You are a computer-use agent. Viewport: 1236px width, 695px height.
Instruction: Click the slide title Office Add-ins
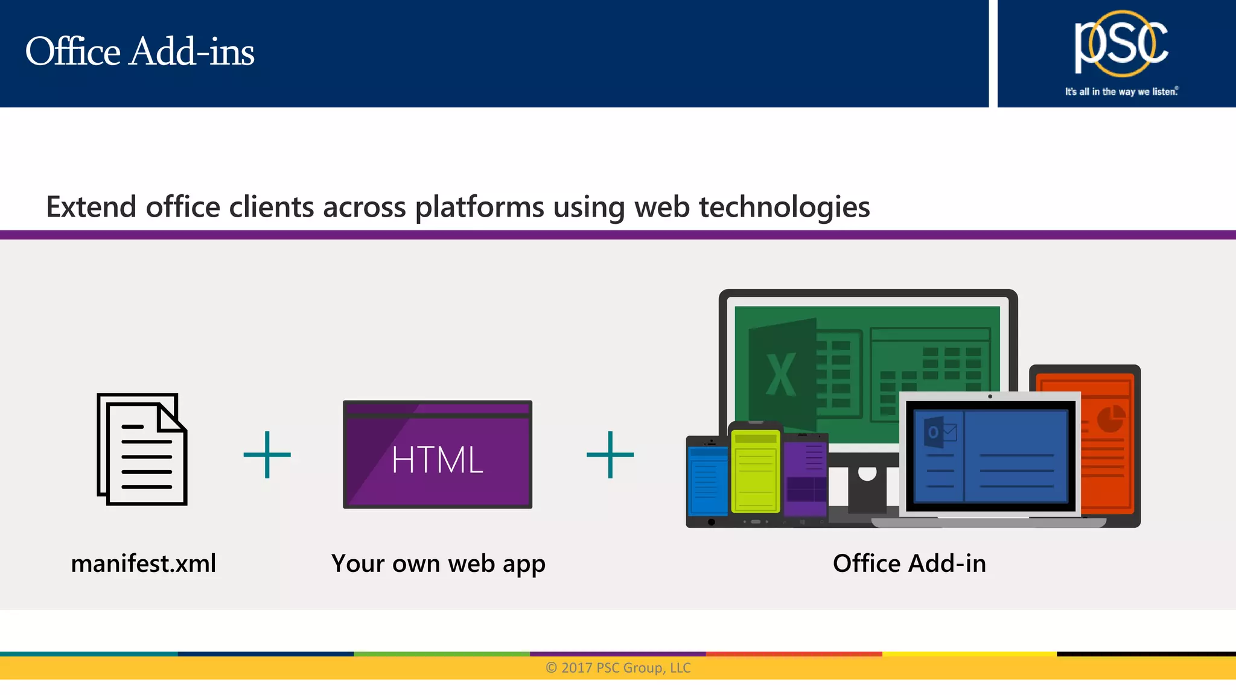tap(140, 52)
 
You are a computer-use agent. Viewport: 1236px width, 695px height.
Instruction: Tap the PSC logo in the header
tap(1121, 43)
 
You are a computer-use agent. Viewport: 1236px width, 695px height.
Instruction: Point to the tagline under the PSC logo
tap(1121, 92)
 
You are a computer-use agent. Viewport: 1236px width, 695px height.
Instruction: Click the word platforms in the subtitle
tap(479, 208)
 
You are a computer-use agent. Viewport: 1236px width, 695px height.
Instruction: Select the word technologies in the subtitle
tap(784, 208)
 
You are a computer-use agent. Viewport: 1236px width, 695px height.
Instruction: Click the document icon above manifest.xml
tap(142, 449)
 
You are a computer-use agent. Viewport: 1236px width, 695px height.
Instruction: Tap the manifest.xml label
tap(144, 563)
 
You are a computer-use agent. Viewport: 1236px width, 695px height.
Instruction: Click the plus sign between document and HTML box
tap(267, 455)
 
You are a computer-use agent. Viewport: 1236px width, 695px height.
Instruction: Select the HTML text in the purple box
tap(438, 460)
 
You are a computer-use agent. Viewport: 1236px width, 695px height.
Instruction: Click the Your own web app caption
tap(438, 564)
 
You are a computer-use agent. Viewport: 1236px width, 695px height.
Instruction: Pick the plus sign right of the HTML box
tap(610, 455)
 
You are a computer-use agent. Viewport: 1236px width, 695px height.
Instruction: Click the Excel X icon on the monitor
tap(781, 375)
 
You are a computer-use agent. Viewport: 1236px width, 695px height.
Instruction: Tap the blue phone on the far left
tap(707, 480)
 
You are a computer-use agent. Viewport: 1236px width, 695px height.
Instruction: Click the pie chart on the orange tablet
tap(1110, 419)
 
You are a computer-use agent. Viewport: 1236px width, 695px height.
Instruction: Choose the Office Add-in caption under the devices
tap(909, 563)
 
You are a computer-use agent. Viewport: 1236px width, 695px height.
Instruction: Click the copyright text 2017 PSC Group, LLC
tap(618, 668)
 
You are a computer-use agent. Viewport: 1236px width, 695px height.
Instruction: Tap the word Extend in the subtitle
tap(91, 208)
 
